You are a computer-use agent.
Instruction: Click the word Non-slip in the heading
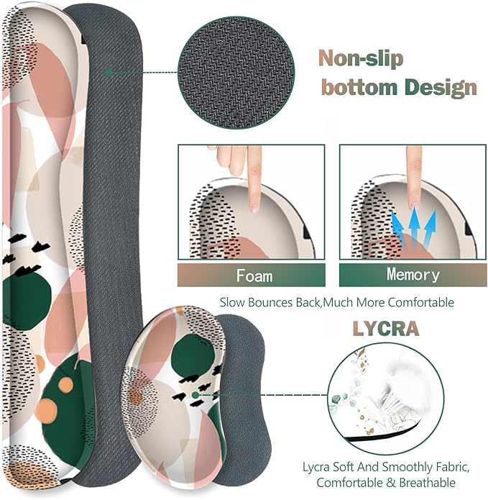click(361, 58)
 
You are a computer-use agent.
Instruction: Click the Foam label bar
click(252, 275)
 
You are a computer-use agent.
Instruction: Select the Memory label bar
click(413, 275)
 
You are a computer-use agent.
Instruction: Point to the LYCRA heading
click(386, 329)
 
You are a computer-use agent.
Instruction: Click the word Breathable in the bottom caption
click(427, 483)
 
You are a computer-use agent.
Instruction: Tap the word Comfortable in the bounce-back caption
click(422, 302)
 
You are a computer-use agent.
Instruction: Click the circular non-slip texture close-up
click(236, 73)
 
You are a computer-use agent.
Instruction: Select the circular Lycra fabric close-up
click(386, 399)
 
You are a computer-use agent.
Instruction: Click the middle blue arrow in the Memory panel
click(414, 227)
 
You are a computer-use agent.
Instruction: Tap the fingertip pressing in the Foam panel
click(254, 206)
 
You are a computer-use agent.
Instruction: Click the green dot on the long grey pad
click(109, 73)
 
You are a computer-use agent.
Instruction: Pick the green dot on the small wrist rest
click(195, 396)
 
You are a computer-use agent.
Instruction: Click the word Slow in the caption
click(233, 302)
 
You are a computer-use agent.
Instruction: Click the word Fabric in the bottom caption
click(452, 467)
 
